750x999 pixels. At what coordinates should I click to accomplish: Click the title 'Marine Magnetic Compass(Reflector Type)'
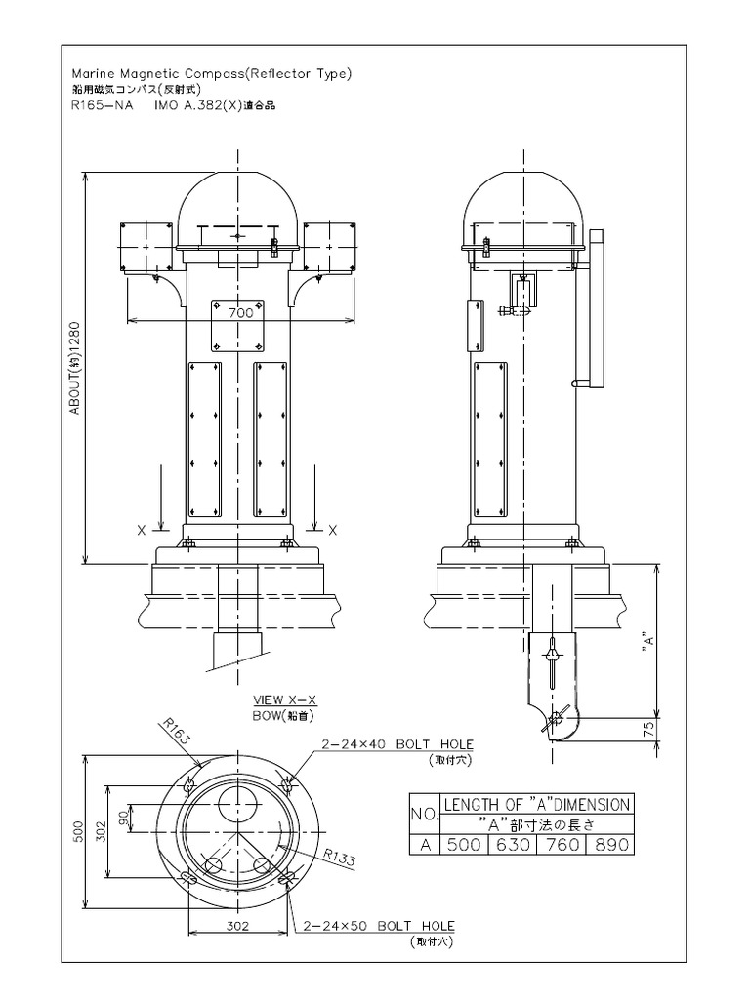coord(211,74)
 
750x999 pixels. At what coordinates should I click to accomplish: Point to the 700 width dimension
coord(240,313)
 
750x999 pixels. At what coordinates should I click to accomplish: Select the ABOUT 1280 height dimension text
coord(75,368)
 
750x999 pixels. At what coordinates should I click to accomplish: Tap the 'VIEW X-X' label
coord(286,699)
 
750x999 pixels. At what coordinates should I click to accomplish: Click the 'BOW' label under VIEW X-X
coord(286,715)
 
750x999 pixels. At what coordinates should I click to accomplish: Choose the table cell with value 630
coord(512,845)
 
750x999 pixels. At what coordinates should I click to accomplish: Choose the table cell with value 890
coord(608,845)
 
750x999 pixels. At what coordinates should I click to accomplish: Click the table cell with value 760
coord(561,845)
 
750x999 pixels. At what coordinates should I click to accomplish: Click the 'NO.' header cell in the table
coord(423,814)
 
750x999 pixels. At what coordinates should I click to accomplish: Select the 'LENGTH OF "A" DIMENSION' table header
coord(536,804)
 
